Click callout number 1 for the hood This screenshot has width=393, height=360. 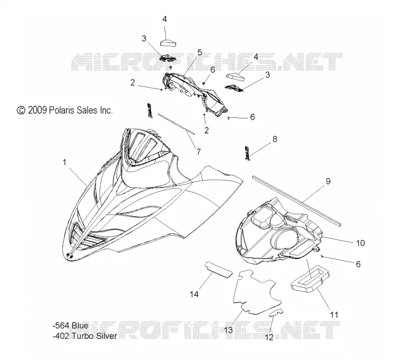64,163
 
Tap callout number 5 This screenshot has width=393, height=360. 199,53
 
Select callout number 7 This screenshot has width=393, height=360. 198,152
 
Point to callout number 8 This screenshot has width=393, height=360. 275,139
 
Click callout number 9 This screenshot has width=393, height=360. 328,181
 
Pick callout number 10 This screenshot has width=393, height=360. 361,243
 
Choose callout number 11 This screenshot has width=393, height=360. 334,315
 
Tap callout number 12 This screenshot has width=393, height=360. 269,337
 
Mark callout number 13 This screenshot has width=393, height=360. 228,330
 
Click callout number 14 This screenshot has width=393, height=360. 194,294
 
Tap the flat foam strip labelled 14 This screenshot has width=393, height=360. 219,269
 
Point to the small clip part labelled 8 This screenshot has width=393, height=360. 247,153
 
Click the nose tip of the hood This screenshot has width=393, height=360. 69,255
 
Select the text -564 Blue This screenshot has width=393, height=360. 71,326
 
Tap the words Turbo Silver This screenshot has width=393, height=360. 94,336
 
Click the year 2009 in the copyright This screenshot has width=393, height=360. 37,110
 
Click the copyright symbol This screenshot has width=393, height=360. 21,110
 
